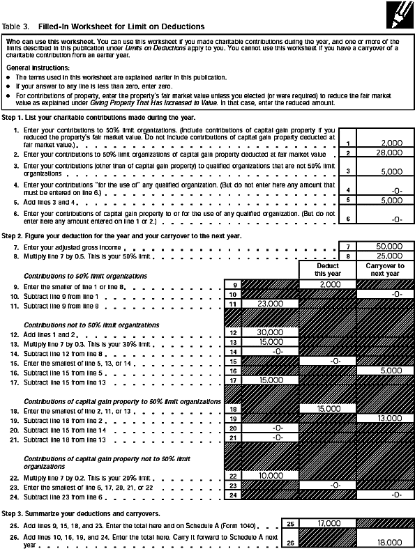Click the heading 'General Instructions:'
point(32,67)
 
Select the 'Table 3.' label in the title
point(16,26)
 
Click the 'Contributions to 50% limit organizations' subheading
point(86,276)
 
